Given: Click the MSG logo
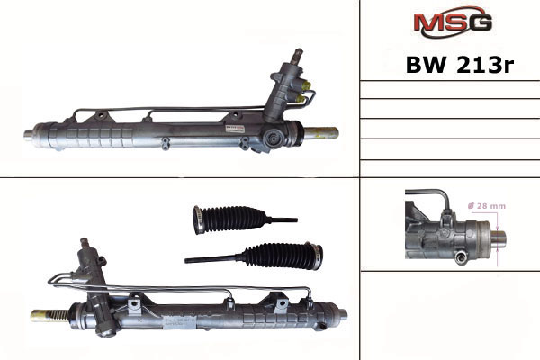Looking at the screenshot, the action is pyautogui.click(x=452, y=22).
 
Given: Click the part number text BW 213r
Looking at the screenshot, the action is pyautogui.click(x=460, y=65).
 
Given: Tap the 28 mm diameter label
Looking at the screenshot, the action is pyautogui.click(x=487, y=206).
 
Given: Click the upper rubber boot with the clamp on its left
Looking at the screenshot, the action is pyautogui.click(x=229, y=220).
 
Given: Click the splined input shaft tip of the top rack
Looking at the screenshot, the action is pyautogui.click(x=296, y=54).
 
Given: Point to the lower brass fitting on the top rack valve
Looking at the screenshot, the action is pyautogui.click(x=301, y=100).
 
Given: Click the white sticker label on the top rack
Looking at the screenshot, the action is pyautogui.click(x=235, y=130).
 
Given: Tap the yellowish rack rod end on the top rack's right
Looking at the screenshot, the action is pyautogui.click(x=321, y=133).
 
